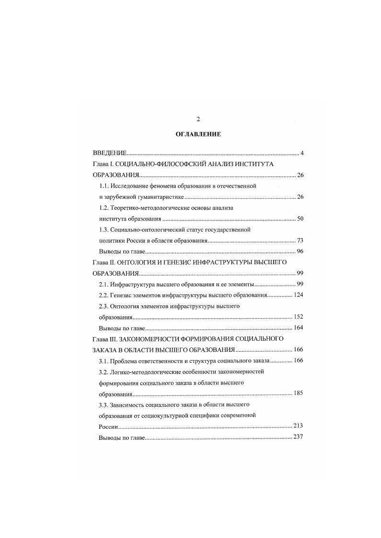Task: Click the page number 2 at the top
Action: click(198, 119)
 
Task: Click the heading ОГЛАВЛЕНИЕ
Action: click(198, 134)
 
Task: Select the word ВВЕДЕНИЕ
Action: click(109, 154)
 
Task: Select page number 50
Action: click(300, 219)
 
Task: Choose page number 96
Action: click(300, 251)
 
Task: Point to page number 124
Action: click(298, 295)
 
